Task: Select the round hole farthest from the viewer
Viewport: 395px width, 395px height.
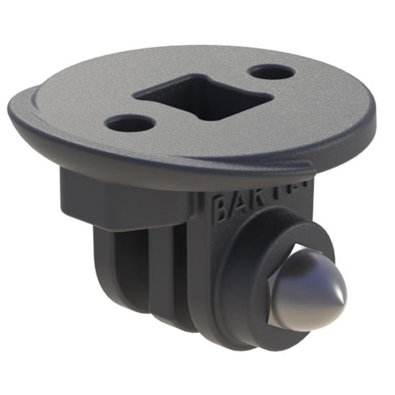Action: (272, 72)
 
